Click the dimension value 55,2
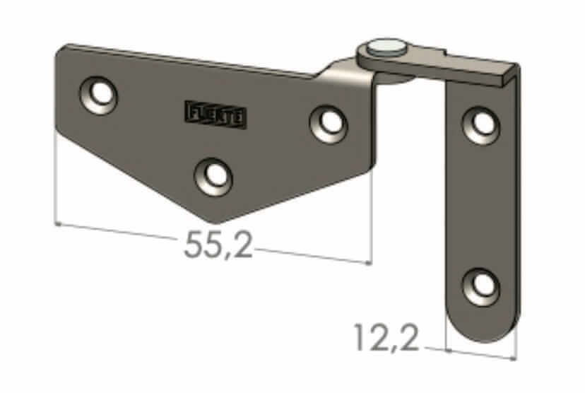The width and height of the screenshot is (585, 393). click(218, 245)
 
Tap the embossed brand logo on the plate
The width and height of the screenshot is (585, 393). click(215, 114)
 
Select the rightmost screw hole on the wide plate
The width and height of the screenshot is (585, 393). click(329, 121)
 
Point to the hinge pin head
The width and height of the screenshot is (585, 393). click(386, 47)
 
